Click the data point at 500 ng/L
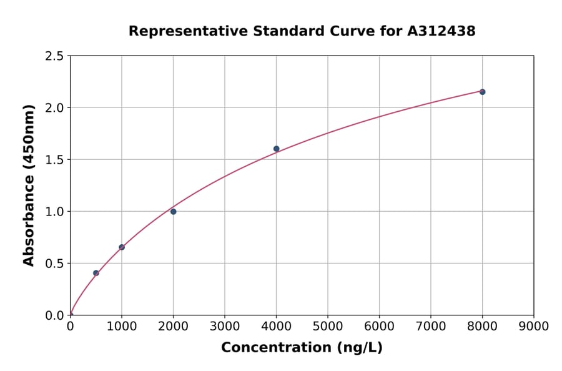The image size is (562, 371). click(96, 273)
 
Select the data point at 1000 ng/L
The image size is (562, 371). click(122, 247)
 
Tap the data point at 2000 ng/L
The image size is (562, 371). click(173, 212)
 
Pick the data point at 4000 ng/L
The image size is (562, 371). click(276, 149)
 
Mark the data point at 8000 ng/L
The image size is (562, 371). click(482, 92)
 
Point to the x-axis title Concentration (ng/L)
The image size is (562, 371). click(302, 348)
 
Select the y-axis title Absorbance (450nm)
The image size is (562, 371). click(29, 185)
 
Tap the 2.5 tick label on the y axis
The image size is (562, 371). click(55, 56)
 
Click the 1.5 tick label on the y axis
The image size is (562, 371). click(55, 160)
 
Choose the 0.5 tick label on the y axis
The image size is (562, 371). click(55, 264)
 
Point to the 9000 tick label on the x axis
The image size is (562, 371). click(533, 326)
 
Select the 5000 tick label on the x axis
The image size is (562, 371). click(327, 326)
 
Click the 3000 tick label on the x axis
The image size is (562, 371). click(224, 326)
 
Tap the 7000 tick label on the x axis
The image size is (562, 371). click(430, 326)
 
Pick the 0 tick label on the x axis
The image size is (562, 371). click(70, 326)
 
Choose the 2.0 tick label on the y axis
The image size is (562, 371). click(55, 108)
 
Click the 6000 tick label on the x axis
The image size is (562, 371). click(379, 326)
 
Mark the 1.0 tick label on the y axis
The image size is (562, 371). click(55, 212)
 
